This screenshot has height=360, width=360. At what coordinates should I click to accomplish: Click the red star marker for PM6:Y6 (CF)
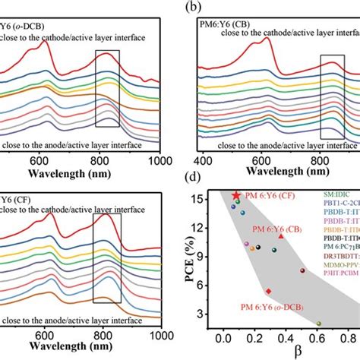[x=236, y=196]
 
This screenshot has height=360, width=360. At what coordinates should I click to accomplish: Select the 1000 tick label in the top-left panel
[x=159, y=160]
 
